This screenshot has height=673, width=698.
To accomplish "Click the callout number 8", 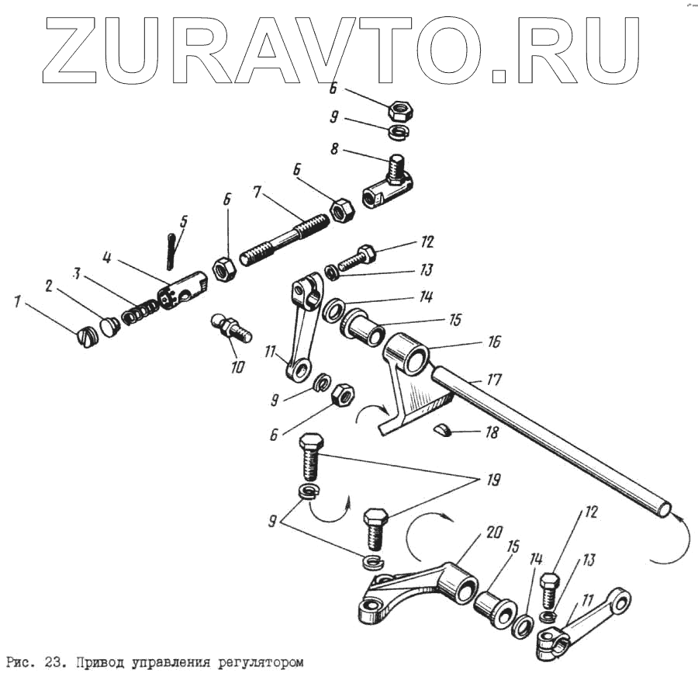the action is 334,149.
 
